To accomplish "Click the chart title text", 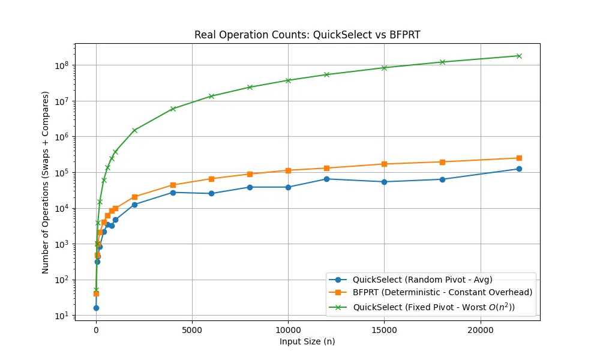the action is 307,35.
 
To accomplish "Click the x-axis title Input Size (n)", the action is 307,341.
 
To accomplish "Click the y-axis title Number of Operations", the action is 46,182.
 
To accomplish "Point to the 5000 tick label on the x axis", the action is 192,330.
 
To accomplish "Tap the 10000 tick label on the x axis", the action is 288,330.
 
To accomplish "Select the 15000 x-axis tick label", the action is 384,330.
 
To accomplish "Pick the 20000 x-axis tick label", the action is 480,330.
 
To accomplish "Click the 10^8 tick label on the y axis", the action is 62,65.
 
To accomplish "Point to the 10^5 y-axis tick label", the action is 62,173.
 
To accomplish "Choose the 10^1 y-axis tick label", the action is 62,316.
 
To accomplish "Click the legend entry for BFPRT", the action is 431,293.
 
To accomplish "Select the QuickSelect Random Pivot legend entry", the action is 411,280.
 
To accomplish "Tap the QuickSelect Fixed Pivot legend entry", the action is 422,307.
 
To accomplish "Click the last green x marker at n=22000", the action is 519,56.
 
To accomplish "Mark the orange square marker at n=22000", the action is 519,158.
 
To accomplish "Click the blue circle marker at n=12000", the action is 326,179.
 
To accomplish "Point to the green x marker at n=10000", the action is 288,80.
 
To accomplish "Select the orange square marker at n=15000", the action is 384,164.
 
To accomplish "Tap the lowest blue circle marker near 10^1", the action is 96,308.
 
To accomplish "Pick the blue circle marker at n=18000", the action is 442,179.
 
